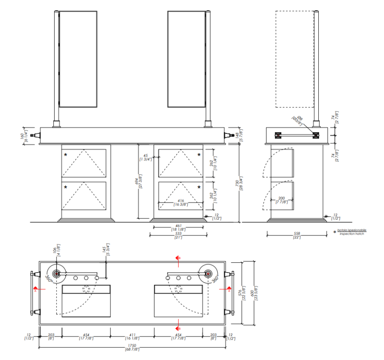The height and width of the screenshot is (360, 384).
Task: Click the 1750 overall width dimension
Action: click(x=132, y=347)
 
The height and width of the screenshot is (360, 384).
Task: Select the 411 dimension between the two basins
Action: click(x=132, y=336)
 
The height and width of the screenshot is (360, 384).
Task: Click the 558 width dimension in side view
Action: click(x=296, y=235)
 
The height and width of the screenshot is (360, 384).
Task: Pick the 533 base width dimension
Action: click(x=178, y=235)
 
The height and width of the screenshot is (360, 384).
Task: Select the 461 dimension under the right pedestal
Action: click(x=178, y=228)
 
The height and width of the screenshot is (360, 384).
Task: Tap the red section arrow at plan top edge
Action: click(x=178, y=258)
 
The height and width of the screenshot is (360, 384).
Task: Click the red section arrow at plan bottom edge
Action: click(x=178, y=328)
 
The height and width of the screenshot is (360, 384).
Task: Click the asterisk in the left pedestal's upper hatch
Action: click(x=65, y=154)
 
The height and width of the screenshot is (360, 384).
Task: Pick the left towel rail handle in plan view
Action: click(x=31, y=293)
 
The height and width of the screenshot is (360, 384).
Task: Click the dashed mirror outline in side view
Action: click(x=294, y=59)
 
